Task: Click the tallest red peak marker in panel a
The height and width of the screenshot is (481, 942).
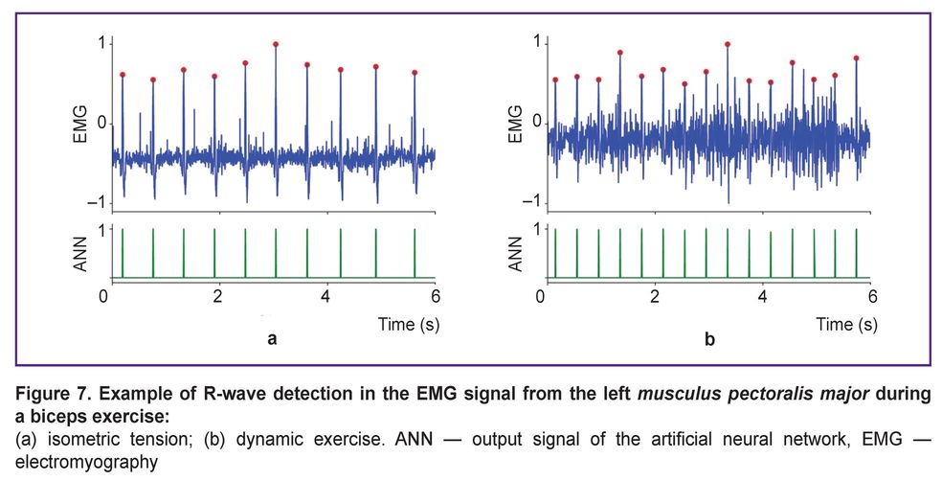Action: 276,44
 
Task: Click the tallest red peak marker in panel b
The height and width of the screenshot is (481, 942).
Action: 728,44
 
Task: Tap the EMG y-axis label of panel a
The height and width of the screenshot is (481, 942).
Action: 80,125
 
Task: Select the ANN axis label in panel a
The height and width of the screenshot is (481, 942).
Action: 80,252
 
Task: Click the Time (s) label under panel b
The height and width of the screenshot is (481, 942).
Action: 846,324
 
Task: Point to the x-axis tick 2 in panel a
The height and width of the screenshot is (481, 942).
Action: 218,296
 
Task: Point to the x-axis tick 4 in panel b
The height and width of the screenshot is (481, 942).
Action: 762,296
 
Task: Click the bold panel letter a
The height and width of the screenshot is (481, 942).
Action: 273,339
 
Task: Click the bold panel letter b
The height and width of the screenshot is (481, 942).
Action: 708,339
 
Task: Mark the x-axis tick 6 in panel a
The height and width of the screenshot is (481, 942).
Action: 436,296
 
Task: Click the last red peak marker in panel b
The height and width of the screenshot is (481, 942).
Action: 856,58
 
